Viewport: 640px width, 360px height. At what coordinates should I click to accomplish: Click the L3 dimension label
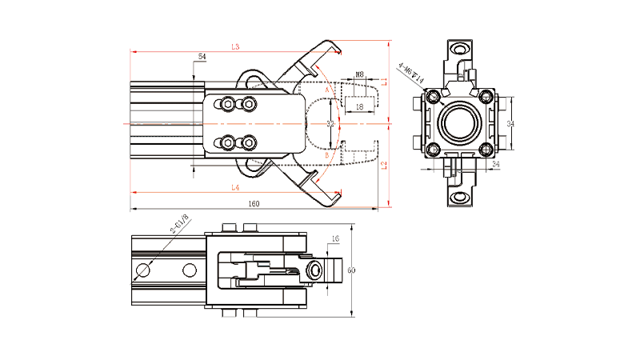[x=235, y=47]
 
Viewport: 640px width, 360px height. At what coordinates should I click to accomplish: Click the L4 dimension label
[x=235, y=187]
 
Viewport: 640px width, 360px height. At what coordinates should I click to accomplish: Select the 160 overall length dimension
[x=254, y=205]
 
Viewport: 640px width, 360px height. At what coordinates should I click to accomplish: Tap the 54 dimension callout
[x=202, y=57]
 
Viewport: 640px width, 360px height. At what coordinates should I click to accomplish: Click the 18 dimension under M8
[x=359, y=106]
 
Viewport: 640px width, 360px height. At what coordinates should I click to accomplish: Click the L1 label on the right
[x=386, y=81]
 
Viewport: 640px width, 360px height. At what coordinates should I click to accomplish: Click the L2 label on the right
[x=386, y=165]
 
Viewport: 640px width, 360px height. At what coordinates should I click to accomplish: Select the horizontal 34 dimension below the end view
[x=495, y=164]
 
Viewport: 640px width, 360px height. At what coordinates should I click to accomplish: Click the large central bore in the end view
[x=459, y=124]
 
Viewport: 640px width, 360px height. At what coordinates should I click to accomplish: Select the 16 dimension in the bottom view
[x=335, y=239]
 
